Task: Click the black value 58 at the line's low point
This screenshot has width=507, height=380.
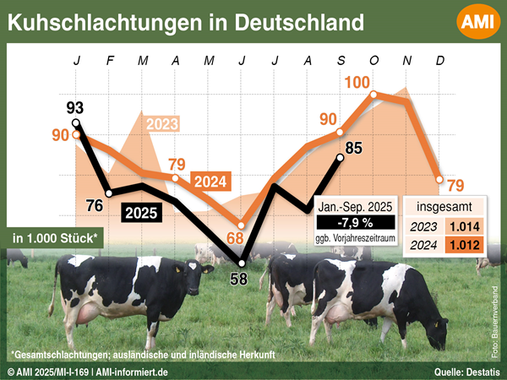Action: coord(239,277)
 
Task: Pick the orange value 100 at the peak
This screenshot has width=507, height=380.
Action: coord(358,83)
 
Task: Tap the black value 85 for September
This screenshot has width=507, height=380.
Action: coord(354,149)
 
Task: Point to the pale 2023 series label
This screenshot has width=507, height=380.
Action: coord(162,125)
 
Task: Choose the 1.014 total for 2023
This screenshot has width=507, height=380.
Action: coord(464,226)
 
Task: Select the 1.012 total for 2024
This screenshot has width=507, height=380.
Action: coord(464,246)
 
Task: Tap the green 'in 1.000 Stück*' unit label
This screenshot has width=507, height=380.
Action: coord(52,238)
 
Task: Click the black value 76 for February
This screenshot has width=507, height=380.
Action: coord(95,204)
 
